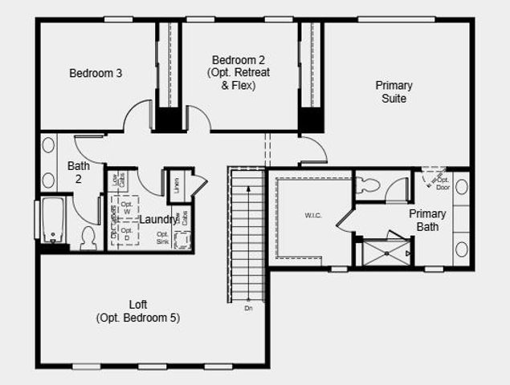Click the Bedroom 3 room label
click(x=96, y=74)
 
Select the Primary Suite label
click(x=394, y=92)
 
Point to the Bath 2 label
click(x=78, y=172)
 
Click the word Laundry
click(x=158, y=220)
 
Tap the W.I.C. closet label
click(x=314, y=216)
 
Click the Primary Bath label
click(x=427, y=220)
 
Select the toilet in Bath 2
click(x=88, y=237)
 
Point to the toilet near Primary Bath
click(x=369, y=185)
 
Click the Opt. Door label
click(x=443, y=183)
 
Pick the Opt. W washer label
click(x=126, y=208)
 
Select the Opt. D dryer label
click(x=126, y=234)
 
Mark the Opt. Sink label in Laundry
click(x=162, y=237)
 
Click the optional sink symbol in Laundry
click(x=183, y=239)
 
